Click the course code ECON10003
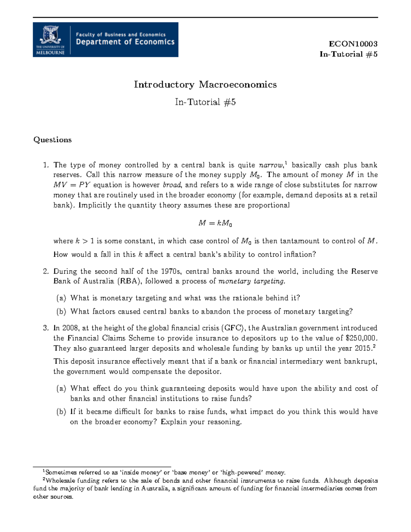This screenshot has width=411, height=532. (x=353, y=44)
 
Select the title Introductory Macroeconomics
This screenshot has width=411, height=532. (x=205, y=85)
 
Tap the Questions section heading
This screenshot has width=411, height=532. (x=52, y=140)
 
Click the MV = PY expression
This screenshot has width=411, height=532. (x=72, y=185)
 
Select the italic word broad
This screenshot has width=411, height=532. (x=172, y=185)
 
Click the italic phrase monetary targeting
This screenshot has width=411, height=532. (x=251, y=281)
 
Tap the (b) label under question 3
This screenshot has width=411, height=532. (x=61, y=412)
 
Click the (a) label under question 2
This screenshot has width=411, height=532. (x=61, y=298)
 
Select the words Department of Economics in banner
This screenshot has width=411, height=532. (x=125, y=42)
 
